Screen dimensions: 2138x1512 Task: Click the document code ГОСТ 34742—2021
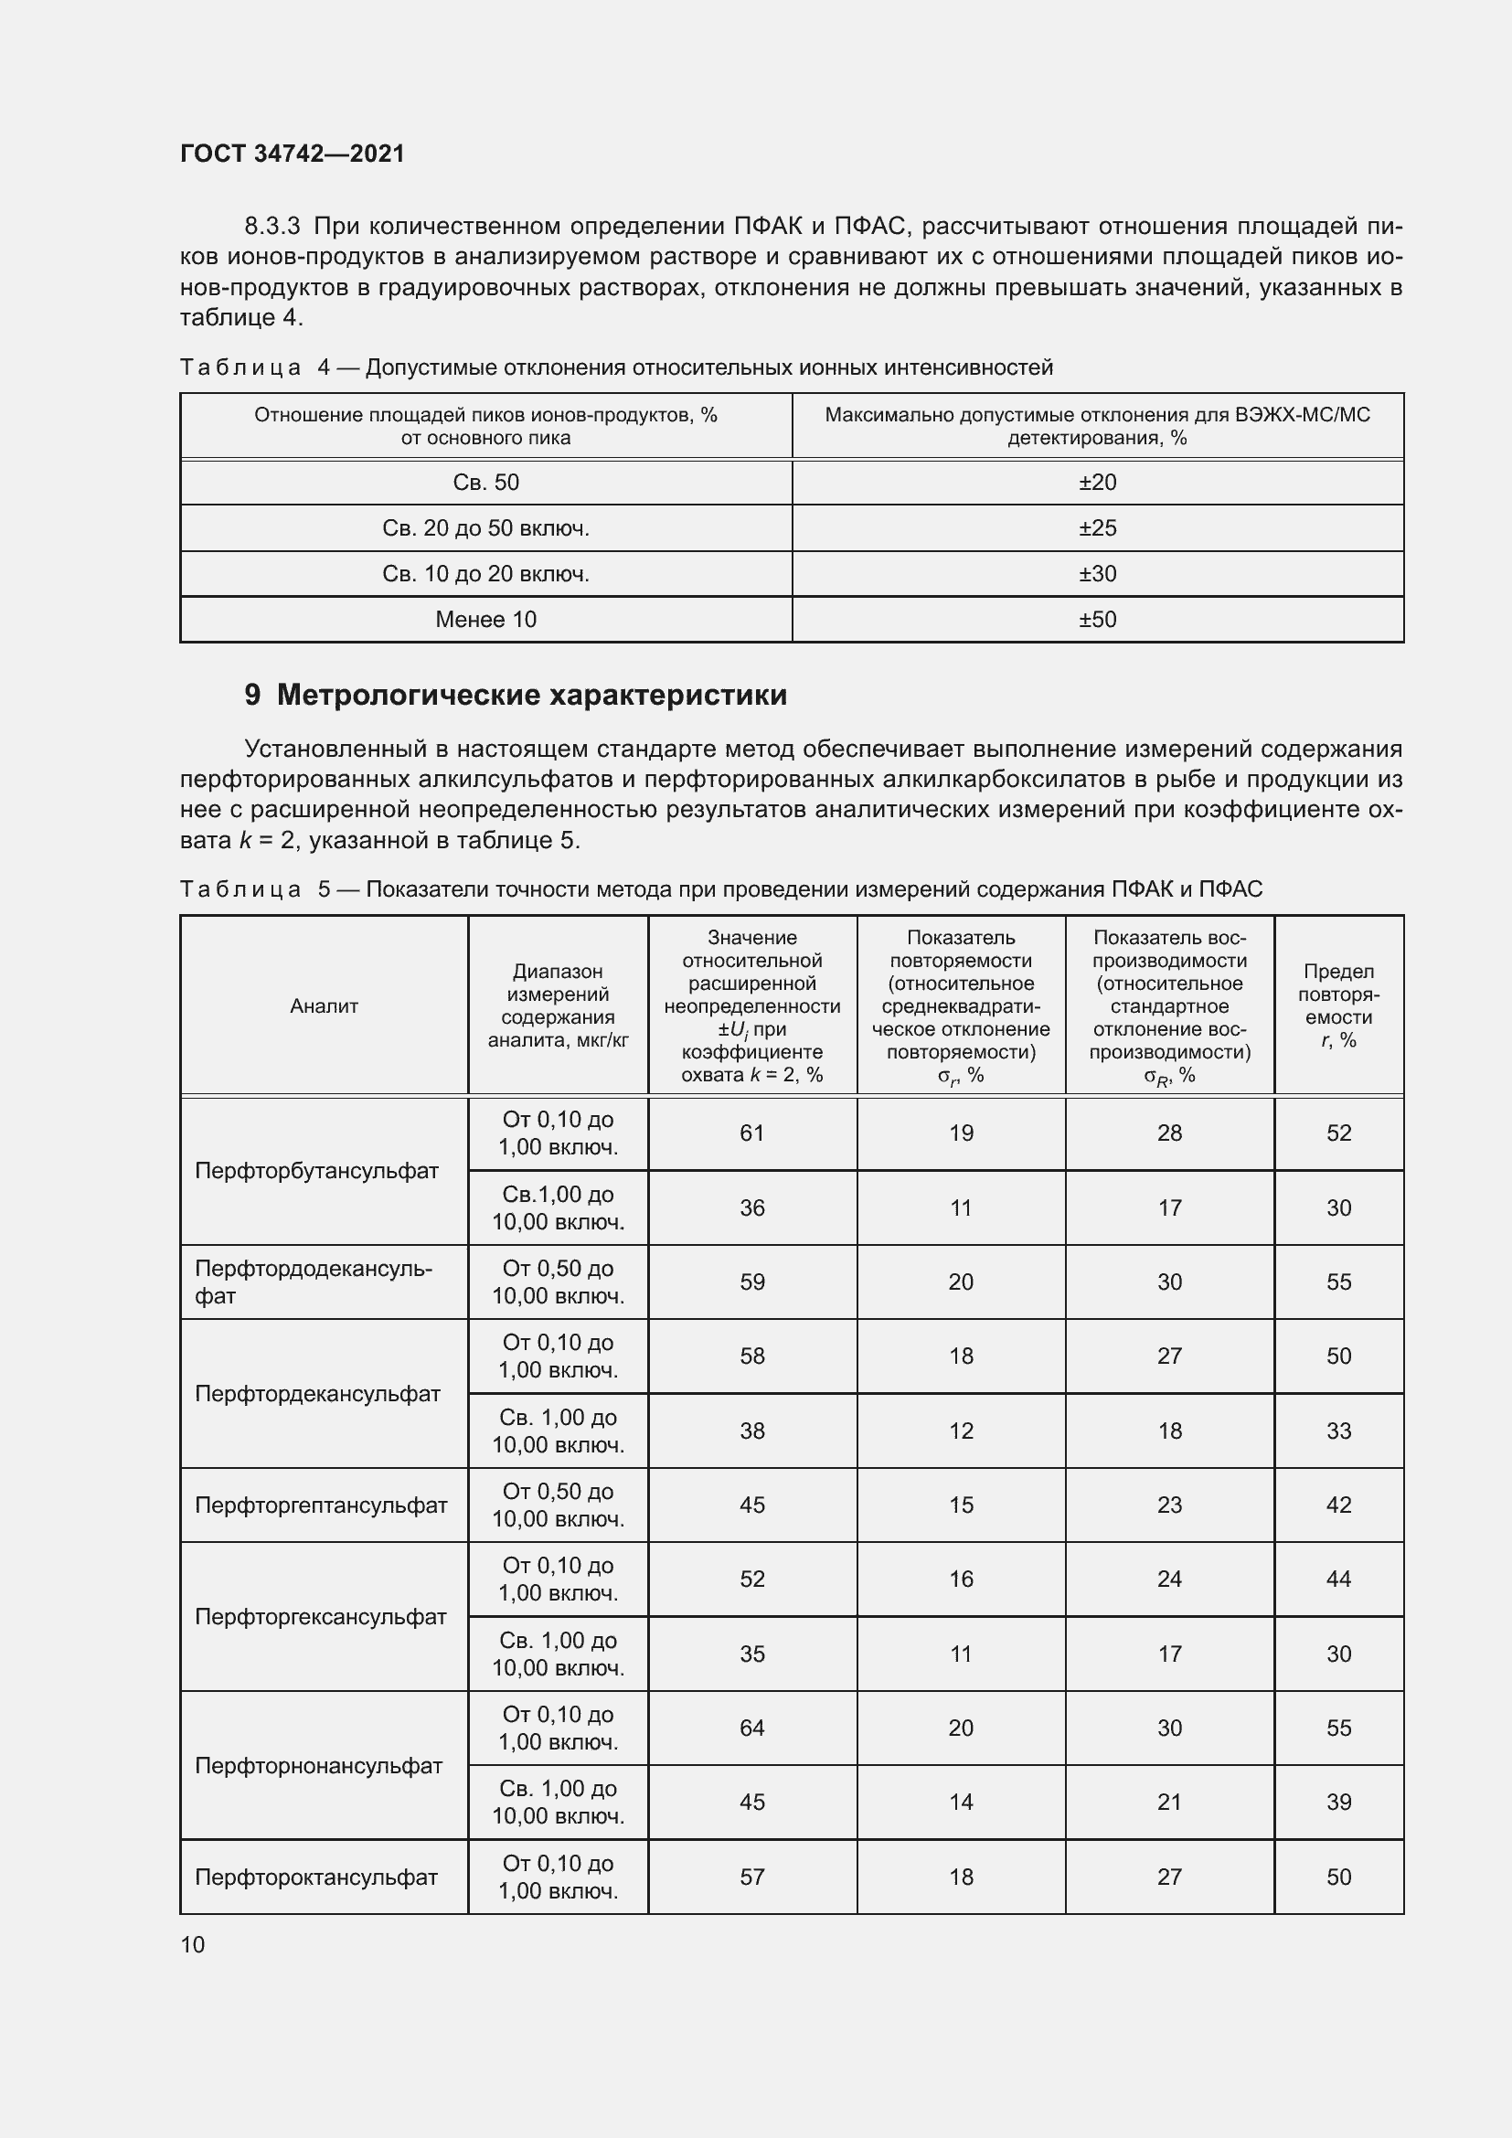293,154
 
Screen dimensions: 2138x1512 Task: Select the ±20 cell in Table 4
1097,483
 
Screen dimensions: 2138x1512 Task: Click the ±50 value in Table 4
1097,619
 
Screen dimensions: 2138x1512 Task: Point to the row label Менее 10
485,619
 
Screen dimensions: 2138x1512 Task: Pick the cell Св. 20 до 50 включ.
485,528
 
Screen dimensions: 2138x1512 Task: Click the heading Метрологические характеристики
531,695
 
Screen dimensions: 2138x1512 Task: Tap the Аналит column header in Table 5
323,1005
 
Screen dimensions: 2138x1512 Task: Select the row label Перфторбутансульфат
315,1171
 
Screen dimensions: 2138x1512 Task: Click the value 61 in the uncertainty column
751,1133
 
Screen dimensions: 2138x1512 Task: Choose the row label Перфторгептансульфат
320,1505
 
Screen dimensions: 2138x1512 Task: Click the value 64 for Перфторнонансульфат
751,1728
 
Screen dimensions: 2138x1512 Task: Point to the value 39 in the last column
1338,1803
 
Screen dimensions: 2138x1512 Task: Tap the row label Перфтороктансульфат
315,1877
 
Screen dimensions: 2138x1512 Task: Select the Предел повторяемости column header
1338,1005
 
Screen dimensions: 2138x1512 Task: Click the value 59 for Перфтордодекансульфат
751,1282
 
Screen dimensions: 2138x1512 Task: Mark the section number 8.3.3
272,227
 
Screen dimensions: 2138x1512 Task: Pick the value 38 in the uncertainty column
751,1431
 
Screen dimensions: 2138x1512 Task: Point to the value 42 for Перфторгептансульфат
1338,1505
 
